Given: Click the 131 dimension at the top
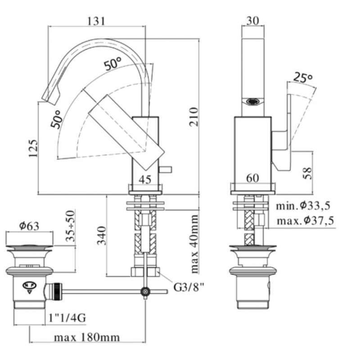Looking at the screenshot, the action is pyautogui.click(x=96, y=21).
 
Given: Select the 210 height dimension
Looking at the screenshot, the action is pyautogui.click(x=193, y=117).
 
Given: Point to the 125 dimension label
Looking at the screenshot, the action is pyautogui.click(x=33, y=148).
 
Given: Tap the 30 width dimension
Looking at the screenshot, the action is pyautogui.click(x=252, y=21).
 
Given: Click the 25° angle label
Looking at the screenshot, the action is pyautogui.click(x=303, y=77).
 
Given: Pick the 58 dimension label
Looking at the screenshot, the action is pyautogui.click(x=308, y=173).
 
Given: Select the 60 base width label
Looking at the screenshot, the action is pyautogui.click(x=252, y=178).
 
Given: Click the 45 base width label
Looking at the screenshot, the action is pyautogui.click(x=145, y=179).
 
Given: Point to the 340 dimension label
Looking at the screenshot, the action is pyautogui.click(x=102, y=235).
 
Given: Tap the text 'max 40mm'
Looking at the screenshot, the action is pyautogui.click(x=194, y=244).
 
